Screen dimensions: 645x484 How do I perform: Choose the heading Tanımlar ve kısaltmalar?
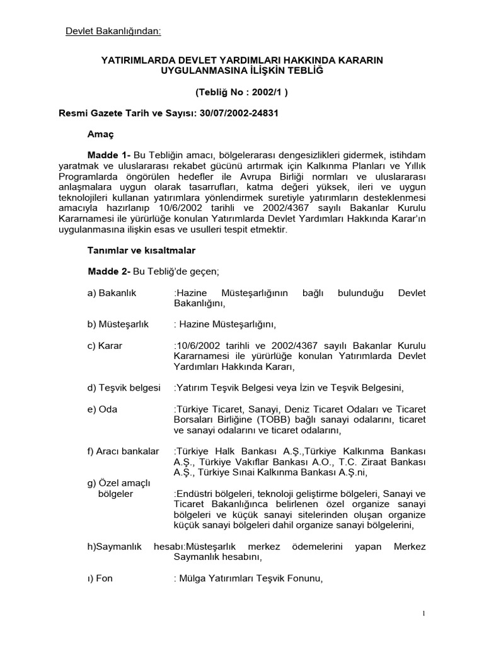[x=141, y=250]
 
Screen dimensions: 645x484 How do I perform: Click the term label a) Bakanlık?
[x=112, y=293]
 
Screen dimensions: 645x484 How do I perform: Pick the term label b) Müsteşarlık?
[x=118, y=324]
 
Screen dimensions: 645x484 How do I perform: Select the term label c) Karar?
[x=105, y=346]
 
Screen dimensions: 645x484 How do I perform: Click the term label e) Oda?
[x=102, y=409]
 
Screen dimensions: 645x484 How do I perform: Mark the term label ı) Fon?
[x=100, y=578]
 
